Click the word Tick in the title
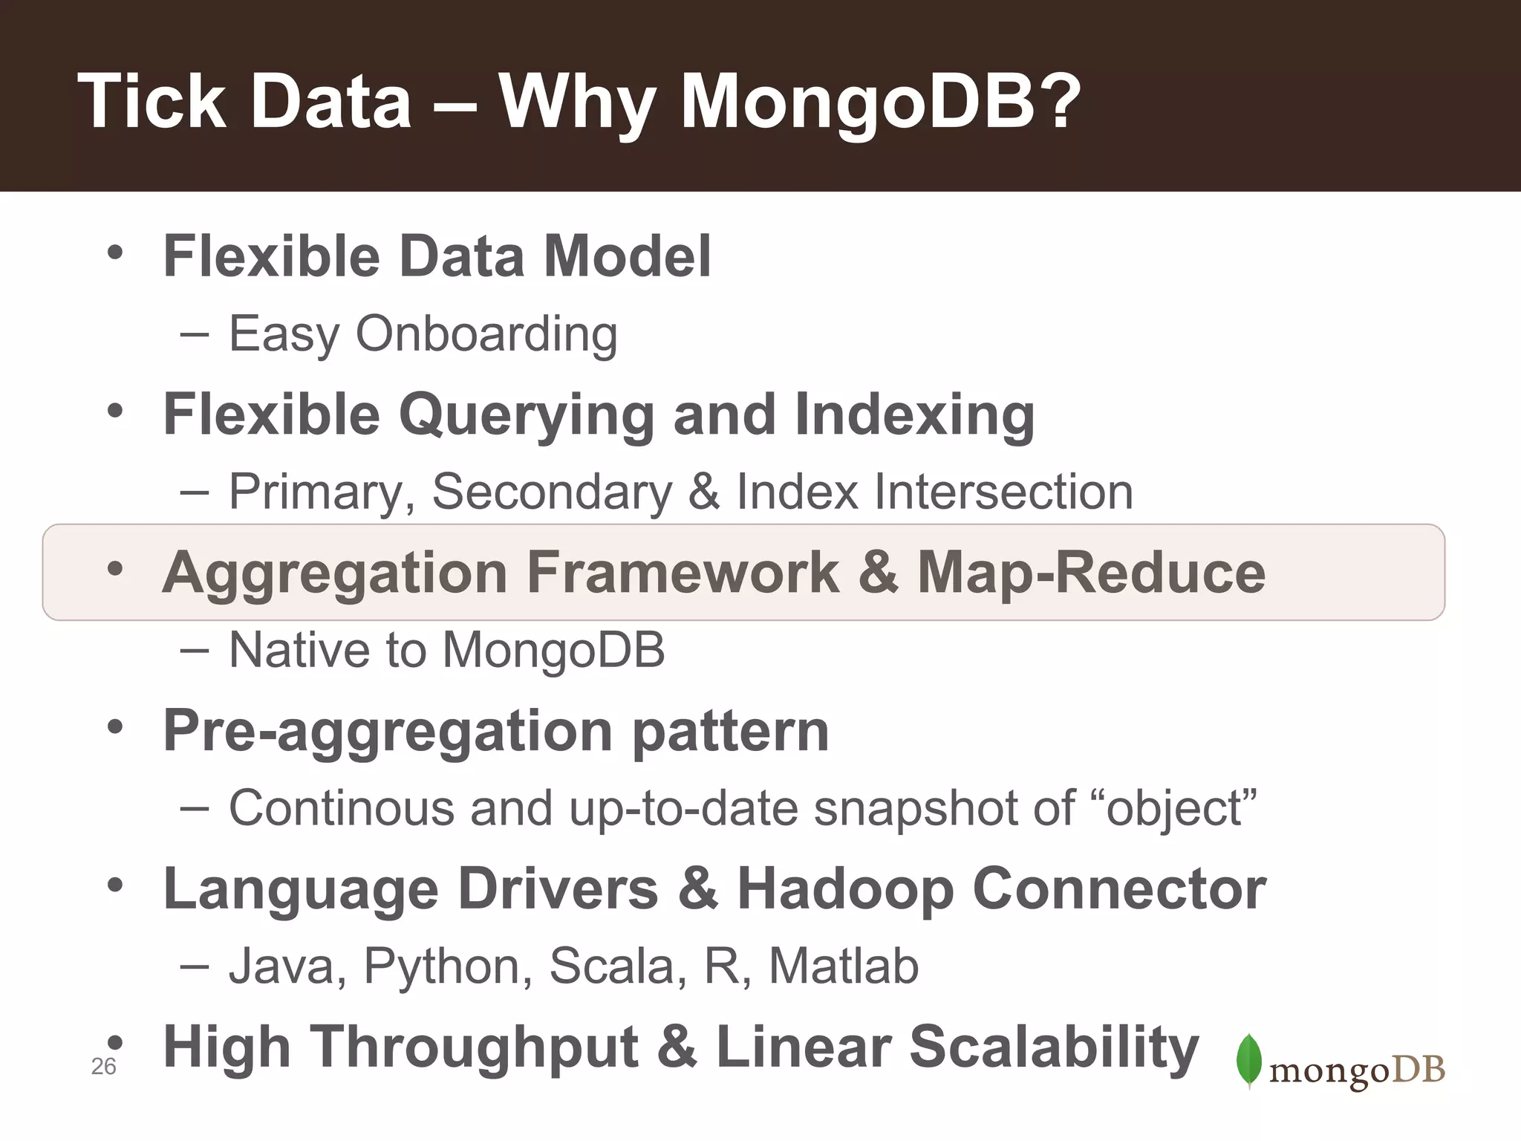(152, 102)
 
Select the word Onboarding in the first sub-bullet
(486, 334)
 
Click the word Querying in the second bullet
(527, 415)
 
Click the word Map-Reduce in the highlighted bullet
(1091, 573)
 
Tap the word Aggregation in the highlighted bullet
(335, 573)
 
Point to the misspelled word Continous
(341, 808)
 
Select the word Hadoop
(845, 889)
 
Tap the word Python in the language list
(448, 966)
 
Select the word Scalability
(1054, 1047)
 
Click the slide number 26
(103, 1067)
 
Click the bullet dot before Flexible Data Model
(114, 253)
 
